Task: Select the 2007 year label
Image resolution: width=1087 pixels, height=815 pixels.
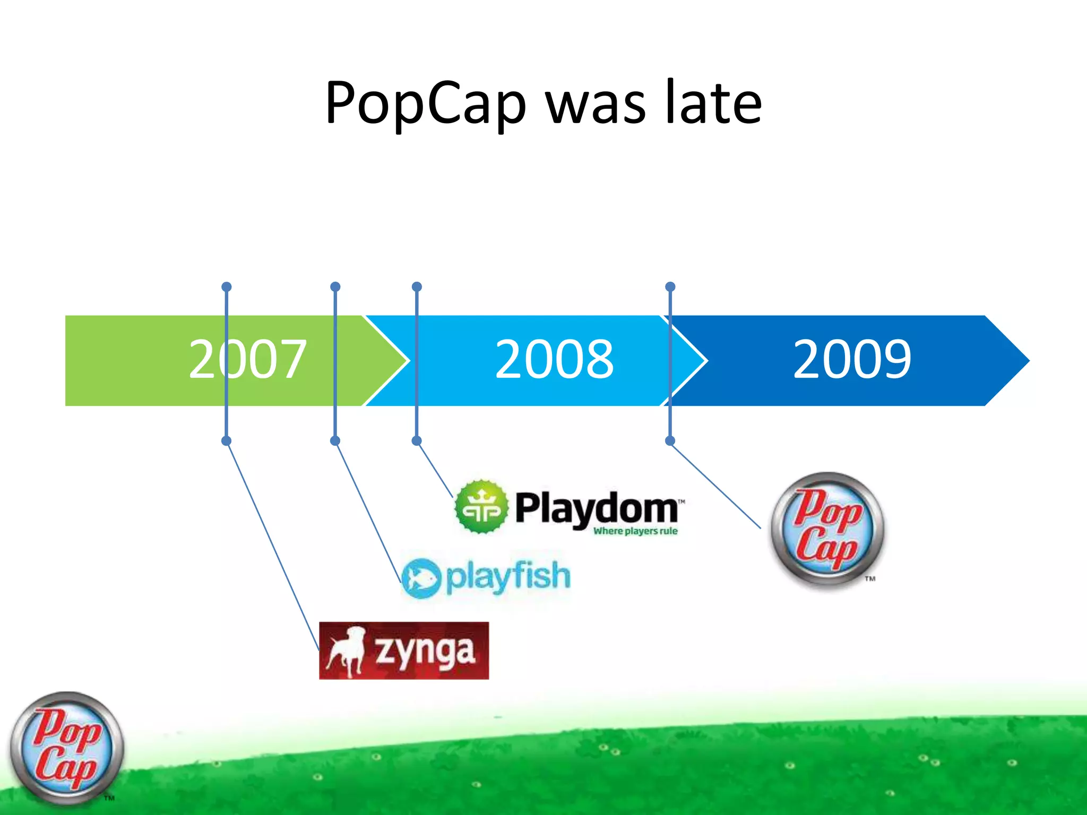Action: (x=247, y=360)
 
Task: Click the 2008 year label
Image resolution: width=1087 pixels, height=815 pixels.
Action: (x=554, y=360)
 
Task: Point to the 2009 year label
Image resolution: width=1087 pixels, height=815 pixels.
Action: (x=852, y=360)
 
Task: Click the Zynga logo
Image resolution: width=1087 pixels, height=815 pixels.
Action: (x=404, y=651)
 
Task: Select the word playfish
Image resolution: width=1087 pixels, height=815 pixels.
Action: (x=508, y=577)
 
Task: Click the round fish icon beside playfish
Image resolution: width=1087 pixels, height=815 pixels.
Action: (x=421, y=578)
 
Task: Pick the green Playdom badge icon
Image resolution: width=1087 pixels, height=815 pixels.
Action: (x=481, y=507)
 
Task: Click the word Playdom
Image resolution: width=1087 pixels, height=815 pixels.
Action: (x=597, y=508)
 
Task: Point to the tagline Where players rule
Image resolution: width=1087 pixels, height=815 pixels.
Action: (x=635, y=531)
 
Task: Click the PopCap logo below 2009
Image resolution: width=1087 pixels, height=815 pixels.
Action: (x=827, y=531)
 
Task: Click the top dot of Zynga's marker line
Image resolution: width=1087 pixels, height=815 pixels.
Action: (x=227, y=287)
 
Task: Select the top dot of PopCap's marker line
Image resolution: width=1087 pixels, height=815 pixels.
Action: (x=670, y=287)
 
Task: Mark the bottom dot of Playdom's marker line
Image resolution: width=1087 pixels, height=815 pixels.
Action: (x=417, y=441)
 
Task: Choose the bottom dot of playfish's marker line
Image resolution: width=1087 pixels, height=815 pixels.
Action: (x=335, y=441)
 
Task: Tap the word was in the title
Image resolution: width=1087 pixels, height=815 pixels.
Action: (x=596, y=103)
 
